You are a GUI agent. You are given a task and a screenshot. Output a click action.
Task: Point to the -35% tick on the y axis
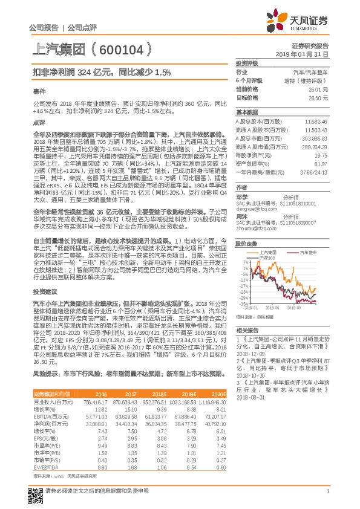pyautogui.click(x=243, y=303)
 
